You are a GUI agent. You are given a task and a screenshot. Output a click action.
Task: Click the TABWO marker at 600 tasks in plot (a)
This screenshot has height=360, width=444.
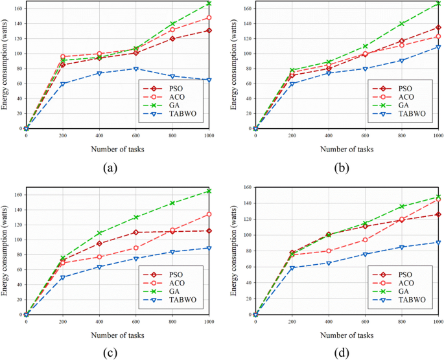135,69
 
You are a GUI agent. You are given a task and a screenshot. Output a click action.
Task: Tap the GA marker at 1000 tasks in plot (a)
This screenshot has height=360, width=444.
209,3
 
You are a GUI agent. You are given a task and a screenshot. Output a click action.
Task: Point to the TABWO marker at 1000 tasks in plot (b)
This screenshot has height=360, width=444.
438,47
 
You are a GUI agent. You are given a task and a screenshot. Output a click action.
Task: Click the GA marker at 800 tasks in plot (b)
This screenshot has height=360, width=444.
402,23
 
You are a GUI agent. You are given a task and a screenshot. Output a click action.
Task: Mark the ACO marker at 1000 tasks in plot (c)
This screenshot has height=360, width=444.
209,214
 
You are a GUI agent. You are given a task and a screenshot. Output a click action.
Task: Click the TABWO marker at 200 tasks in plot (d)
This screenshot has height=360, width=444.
292,267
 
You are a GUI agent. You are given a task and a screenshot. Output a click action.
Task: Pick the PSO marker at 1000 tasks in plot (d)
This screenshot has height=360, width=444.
438,214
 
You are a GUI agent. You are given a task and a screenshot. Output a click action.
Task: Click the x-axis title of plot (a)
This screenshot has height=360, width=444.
117,149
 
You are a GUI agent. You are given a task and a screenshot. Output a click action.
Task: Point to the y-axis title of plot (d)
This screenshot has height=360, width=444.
235,253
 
